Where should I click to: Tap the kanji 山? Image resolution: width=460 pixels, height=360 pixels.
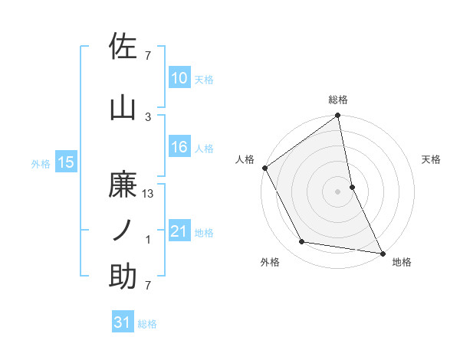coord(123,108)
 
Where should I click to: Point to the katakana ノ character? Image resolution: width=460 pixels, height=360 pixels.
coord(123,230)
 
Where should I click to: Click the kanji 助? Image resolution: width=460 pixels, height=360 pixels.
coord(123,276)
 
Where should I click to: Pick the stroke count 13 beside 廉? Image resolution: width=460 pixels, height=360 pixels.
coord(149,195)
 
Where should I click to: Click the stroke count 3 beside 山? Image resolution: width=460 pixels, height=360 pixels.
coord(149,117)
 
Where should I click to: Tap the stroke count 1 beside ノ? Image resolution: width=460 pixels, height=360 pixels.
coord(149,240)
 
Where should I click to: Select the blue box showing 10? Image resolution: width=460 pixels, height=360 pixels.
coord(179,78)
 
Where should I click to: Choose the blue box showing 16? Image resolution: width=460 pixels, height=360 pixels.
coord(179,147)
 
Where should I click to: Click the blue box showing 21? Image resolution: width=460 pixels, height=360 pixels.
coord(179,231)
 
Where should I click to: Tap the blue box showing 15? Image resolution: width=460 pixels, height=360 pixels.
coord(65,162)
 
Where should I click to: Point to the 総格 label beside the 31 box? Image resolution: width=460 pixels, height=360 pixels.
coord(147,324)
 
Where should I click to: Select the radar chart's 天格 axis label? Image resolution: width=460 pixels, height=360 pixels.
coord(431,159)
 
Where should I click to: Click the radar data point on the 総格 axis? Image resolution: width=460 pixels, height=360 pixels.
coord(337,116)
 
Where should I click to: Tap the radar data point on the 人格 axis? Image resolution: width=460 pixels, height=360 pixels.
coord(264,168)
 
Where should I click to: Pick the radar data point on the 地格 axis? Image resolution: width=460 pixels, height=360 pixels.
coord(382,252)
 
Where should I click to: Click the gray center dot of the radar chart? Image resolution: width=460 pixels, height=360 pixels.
coord(337,191)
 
